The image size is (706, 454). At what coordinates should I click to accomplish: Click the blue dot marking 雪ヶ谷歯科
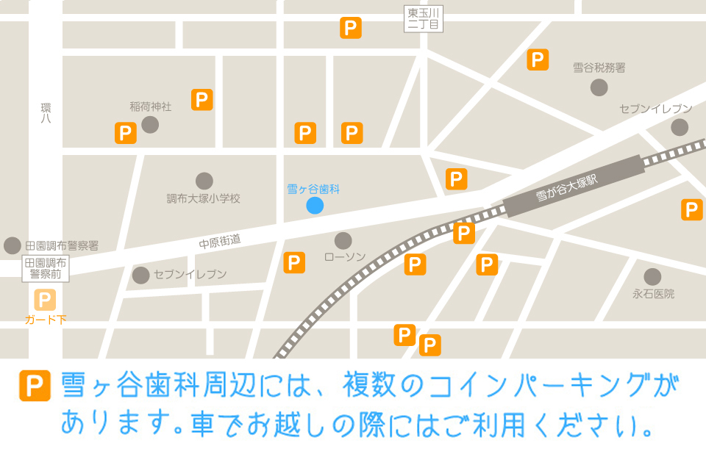click(315, 206)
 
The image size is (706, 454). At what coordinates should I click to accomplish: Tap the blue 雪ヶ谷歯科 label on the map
click(313, 190)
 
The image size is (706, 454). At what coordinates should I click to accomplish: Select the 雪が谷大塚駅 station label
click(567, 187)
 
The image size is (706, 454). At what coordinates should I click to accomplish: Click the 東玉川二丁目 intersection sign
click(424, 19)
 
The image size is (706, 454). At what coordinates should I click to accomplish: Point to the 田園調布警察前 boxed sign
click(45, 269)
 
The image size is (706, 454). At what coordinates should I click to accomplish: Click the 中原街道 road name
click(220, 240)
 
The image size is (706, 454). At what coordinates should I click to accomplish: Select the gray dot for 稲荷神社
click(150, 124)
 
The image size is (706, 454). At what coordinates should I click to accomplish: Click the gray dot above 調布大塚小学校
click(204, 181)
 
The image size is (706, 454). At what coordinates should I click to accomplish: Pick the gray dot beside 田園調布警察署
click(13, 245)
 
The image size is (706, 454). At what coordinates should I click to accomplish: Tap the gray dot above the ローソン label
click(343, 240)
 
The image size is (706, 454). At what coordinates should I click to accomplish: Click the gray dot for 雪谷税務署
click(599, 87)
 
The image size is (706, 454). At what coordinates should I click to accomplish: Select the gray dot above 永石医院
click(652, 277)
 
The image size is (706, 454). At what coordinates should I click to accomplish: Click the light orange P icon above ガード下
click(45, 300)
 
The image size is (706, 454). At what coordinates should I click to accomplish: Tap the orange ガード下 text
click(46, 320)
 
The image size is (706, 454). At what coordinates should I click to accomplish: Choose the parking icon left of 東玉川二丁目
click(351, 29)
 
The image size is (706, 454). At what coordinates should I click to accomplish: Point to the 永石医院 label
click(653, 295)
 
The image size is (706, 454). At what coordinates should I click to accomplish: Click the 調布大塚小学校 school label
click(204, 198)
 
